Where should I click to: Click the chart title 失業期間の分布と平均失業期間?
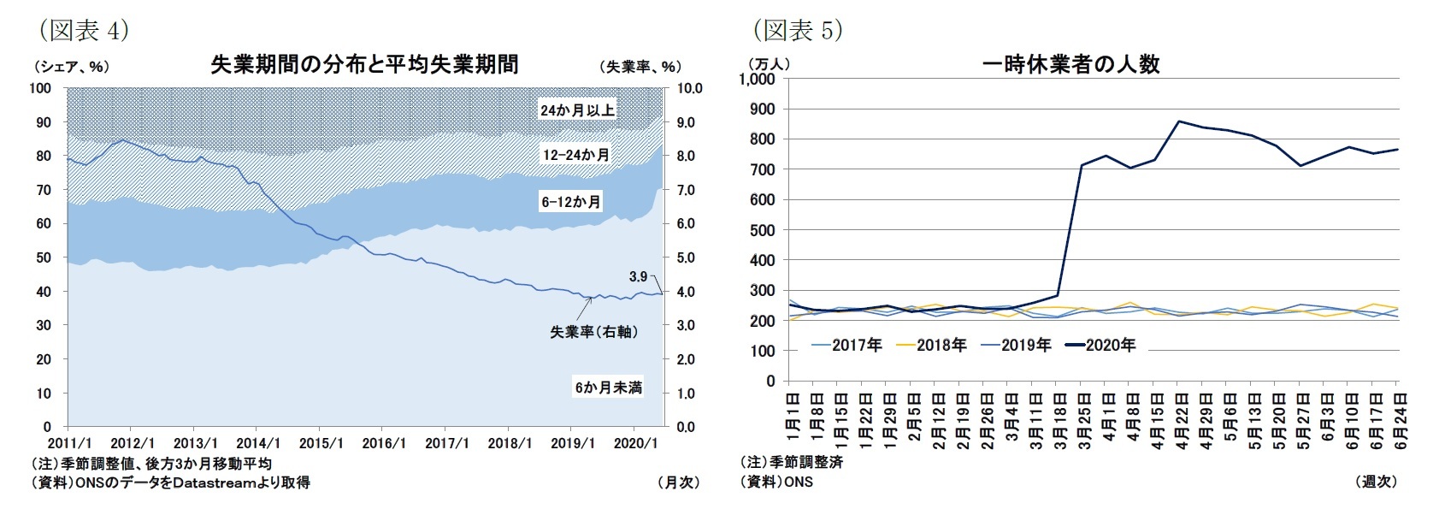364,65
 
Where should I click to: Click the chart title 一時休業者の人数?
1070,64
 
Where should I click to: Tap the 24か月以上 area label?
577,109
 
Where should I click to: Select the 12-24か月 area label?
575,155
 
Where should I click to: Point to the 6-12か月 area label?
571,202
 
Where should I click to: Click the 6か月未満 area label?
608,388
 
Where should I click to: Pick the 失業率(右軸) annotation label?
593,332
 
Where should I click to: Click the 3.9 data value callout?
638,276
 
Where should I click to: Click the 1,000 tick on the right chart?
758,80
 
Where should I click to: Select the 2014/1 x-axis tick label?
257,443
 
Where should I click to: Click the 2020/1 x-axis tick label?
635,443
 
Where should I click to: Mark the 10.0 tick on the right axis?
689,88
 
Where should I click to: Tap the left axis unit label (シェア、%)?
71,67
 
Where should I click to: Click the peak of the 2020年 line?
1179,121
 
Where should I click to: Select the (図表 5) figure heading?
798,31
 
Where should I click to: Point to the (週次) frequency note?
1376,482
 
